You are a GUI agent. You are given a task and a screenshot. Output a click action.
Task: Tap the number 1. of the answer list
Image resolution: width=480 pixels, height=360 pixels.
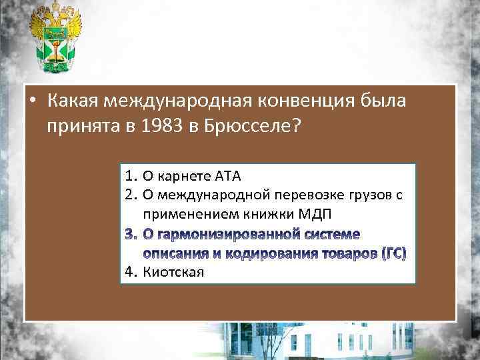pyautogui.click(x=131, y=177)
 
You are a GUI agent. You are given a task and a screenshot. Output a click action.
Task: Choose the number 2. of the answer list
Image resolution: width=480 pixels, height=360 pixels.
pyautogui.click(x=131, y=195)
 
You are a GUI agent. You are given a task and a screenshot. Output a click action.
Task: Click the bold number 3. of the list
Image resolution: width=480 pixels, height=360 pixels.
pyautogui.click(x=131, y=234)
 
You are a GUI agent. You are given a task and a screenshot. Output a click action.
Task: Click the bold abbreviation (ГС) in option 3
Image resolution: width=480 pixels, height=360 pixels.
pyautogui.click(x=393, y=253)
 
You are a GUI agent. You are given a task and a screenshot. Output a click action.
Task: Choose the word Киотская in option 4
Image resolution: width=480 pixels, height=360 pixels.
pyautogui.click(x=173, y=272)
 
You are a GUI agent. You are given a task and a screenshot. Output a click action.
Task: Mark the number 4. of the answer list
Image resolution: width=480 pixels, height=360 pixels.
pyautogui.click(x=131, y=272)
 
